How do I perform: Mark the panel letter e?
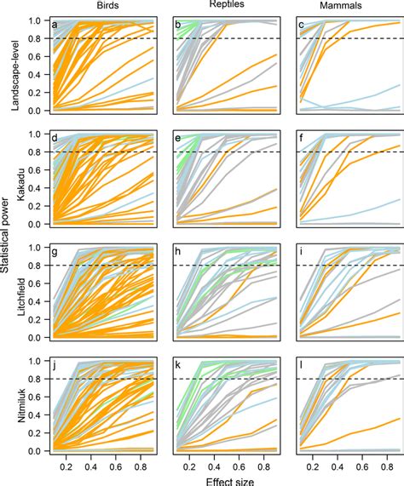click(x=177, y=139)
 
